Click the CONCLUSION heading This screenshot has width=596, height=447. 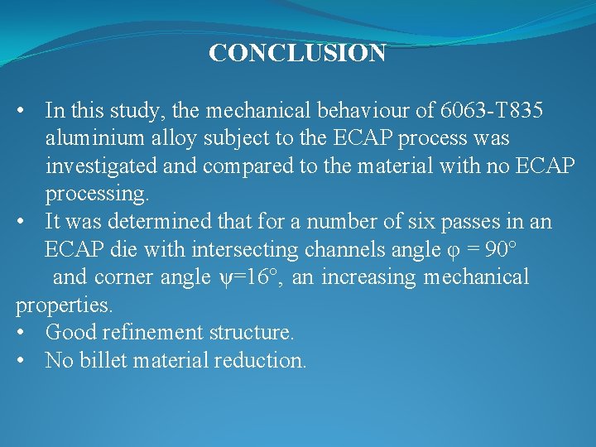click(297, 54)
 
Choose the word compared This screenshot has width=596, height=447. click(245, 166)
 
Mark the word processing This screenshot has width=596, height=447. click(97, 194)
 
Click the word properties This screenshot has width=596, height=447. click(64, 305)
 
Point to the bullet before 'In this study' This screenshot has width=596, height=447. click(28, 110)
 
